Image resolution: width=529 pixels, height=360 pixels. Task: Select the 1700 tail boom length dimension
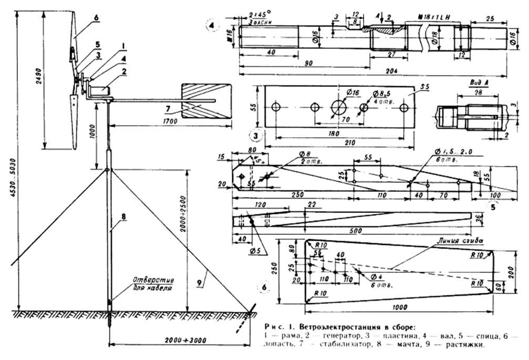click(170, 121)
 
